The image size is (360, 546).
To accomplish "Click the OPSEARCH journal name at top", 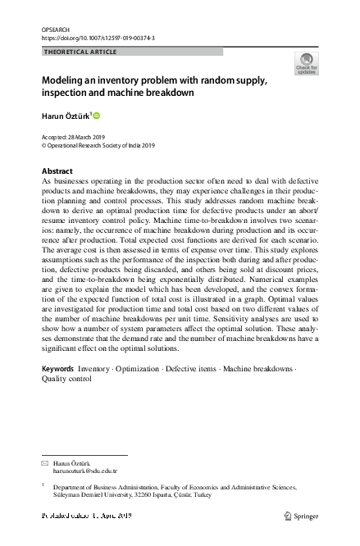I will [x=53, y=29].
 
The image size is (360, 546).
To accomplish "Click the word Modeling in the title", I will [x=68, y=80].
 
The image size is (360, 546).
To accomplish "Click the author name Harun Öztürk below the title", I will [x=66, y=116].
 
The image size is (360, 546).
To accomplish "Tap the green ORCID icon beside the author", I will [x=96, y=116].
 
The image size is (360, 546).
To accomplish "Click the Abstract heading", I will [x=57, y=171].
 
